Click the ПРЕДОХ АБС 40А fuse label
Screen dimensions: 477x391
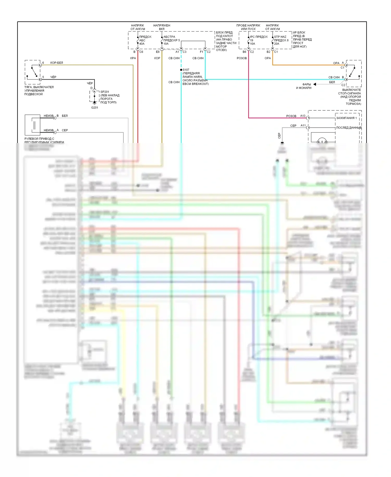point(145,40)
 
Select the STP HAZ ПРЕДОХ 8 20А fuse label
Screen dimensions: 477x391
point(281,40)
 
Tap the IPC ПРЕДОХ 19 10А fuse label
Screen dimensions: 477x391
point(258,40)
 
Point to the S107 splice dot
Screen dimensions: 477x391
point(181,70)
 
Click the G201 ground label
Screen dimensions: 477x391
point(95,108)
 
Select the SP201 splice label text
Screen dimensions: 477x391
point(105,92)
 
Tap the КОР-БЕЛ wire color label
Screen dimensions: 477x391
point(57,63)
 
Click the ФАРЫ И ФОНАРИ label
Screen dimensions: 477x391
point(304,86)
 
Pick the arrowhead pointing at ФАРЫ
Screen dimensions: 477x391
point(315,84)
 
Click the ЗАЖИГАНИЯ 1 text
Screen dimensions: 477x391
point(346,118)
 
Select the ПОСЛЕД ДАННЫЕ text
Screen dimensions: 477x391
point(349,128)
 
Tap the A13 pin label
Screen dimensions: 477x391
point(303,116)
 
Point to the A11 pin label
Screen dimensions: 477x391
point(303,126)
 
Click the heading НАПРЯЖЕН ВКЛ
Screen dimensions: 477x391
point(162,27)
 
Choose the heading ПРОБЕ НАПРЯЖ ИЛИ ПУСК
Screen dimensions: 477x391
point(248,27)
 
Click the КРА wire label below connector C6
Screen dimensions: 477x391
point(133,58)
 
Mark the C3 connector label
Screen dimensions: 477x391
point(185,52)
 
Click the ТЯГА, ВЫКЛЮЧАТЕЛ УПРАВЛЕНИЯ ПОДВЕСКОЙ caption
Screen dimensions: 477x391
point(39,91)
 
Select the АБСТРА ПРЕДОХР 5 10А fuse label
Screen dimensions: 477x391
point(171,40)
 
